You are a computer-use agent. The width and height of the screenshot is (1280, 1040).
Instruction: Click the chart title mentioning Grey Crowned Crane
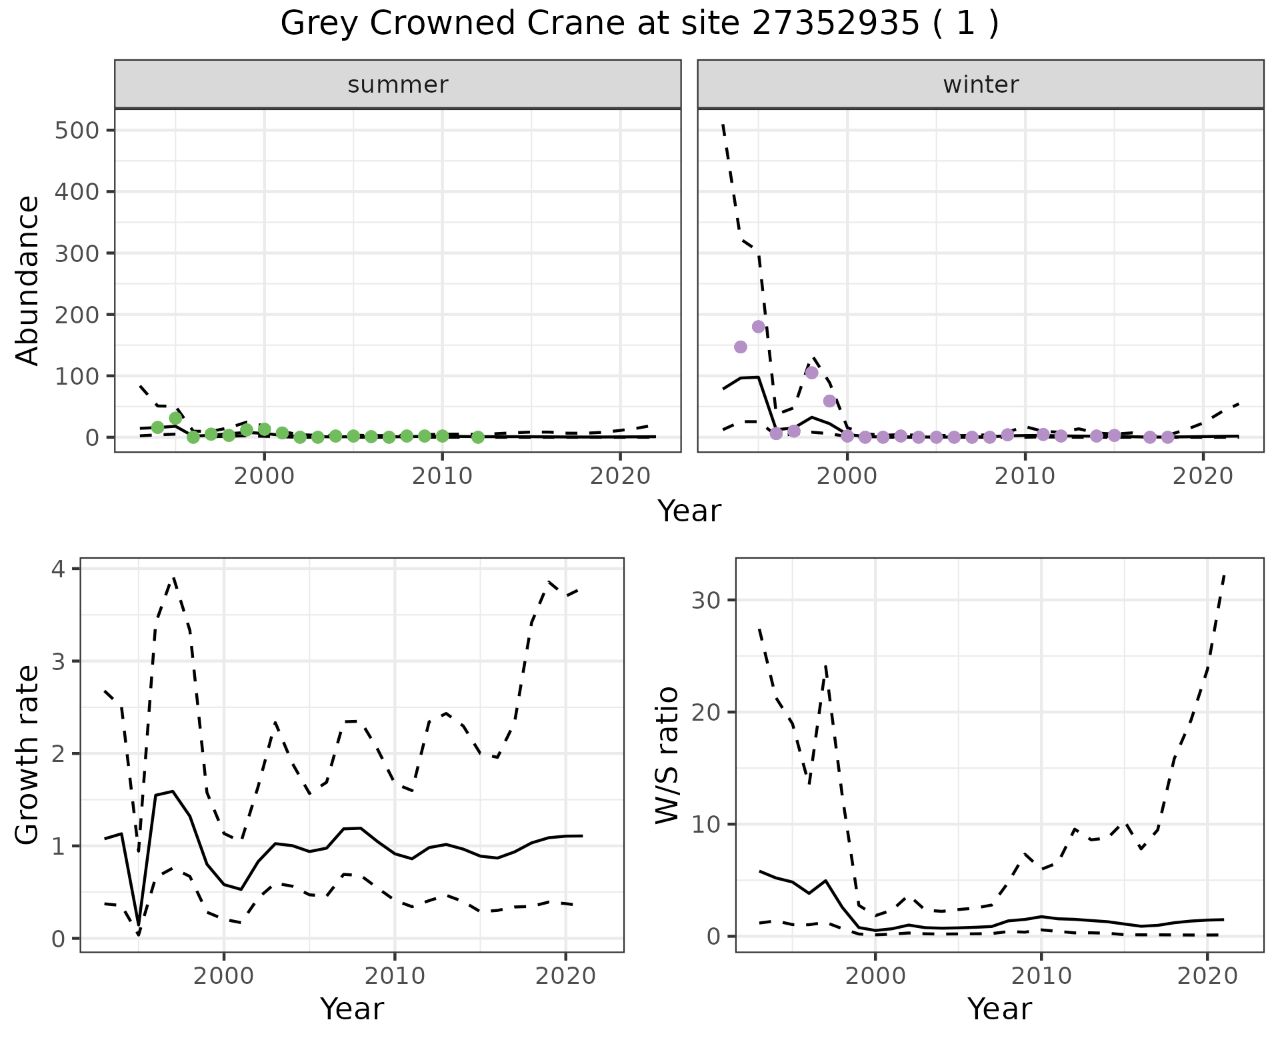(639, 25)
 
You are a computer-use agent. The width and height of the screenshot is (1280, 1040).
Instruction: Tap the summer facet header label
(398, 85)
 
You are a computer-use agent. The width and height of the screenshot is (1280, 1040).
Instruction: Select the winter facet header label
(981, 85)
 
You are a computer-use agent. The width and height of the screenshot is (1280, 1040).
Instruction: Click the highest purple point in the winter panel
(758, 327)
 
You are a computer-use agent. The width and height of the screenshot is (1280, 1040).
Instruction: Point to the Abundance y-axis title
(28, 280)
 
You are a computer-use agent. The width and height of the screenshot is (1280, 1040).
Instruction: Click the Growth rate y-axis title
(28, 755)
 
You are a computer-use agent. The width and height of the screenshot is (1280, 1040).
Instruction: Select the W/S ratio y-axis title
(667, 755)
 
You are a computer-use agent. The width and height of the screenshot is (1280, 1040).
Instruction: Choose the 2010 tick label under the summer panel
(442, 477)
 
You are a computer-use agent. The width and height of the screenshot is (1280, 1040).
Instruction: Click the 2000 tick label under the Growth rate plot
(224, 977)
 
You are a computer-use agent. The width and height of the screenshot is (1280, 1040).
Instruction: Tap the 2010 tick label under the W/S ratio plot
(1041, 977)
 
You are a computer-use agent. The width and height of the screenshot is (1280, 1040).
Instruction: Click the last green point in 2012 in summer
(477, 437)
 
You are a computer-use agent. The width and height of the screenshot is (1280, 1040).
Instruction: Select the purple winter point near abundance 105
(811, 373)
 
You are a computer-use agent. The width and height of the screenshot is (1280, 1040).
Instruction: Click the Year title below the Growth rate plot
(352, 1009)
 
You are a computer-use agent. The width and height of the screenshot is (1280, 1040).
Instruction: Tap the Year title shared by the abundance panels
(689, 511)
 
